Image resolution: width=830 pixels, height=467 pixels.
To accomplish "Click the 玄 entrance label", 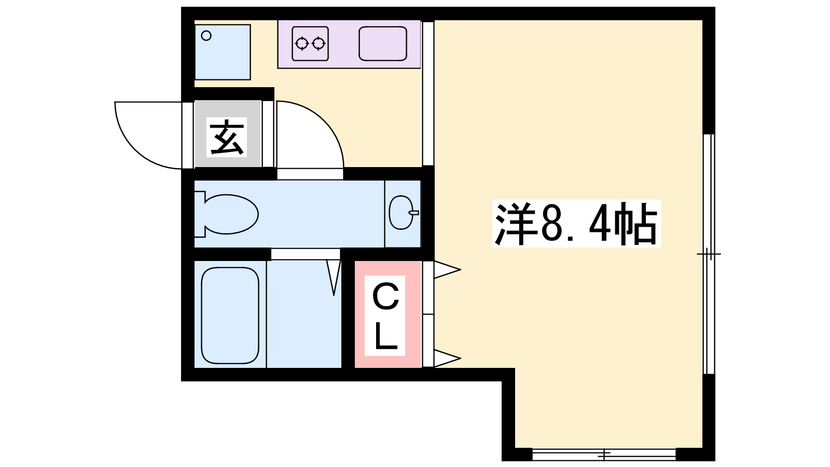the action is pyautogui.click(x=227, y=138).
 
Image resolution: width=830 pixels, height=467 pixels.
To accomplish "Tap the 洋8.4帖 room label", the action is pyautogui.click(x=576, y=224).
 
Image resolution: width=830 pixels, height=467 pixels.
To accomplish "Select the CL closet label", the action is pyautogui.click(x=385, y=316).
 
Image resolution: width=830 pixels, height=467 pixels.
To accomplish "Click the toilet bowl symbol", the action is pyautogui.click(x=226, y=214).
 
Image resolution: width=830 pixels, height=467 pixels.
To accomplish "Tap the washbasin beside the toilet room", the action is pyautogui.click(x=402, y=213).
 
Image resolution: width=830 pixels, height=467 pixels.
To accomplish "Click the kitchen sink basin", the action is pyautogui.click(x=383, y=44).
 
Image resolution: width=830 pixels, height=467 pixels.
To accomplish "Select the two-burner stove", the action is pyautogui.click(x=310, y=44).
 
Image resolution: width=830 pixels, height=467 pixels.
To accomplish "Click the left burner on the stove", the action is pyautogui.click(x=301, y=44).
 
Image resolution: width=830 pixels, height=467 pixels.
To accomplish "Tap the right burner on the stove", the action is pyautogui.click(x=319, y=44).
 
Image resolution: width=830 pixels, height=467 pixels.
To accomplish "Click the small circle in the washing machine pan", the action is pyautogui.click(x=206, y=36).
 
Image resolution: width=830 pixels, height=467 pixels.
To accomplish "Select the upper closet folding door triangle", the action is pyautogui.click(x=447, y=270).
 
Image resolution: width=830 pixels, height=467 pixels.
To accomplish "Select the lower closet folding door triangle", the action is pyautogui.click(x=447, y=359).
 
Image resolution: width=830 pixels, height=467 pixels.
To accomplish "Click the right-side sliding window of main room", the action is pyautogui.click(x=709, y=254).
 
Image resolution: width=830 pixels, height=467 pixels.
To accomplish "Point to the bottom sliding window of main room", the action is pyautogui.click(x=604, y=454).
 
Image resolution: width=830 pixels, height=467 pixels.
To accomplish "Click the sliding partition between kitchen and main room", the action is pyautogui.click(x=428, y=93).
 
